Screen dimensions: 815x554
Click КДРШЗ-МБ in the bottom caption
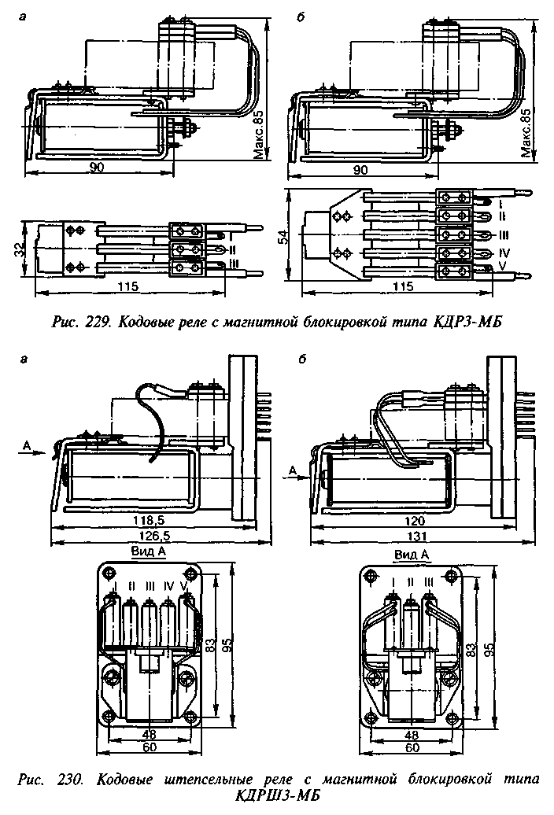[278, 798]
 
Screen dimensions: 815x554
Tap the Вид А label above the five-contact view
[149, 552]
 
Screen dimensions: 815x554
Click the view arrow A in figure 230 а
[28, 446]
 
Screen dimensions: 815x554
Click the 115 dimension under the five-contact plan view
[404, 287]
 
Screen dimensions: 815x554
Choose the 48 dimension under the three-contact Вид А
[411, 734]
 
